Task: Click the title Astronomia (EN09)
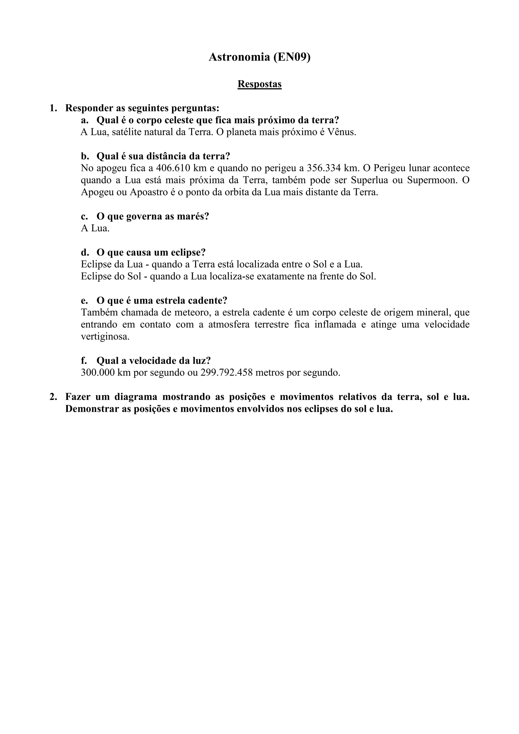click(259, 57)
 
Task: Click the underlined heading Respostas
click(259, 84)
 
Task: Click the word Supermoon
click(430, 180)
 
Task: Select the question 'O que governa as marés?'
click(153, 217)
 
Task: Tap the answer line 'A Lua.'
click(95, 228)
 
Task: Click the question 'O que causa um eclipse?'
click(151, 253)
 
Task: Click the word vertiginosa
click(105, 337)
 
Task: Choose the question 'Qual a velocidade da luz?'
click(154, 361)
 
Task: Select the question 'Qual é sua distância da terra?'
click(163, 156)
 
